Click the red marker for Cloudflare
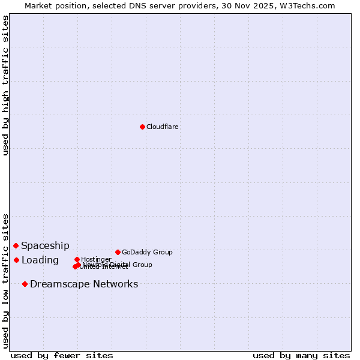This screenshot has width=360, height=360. pyautogui.click(x=142, y=127)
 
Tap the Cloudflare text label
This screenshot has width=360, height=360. pyautogui.click(x=163, y=127)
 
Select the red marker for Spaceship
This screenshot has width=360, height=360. pyautogui.click(x=16, y=245)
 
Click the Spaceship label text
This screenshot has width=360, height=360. pyautogui.click(x=45, y=245)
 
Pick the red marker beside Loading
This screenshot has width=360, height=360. pyautogui.click(x=17, y=260)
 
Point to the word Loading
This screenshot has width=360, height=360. pyautogui.click(x=40, y=260)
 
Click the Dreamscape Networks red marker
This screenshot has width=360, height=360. pyautogui.click(x=25, y=284)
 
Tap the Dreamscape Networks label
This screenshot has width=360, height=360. pyautogui.click(x=84, y=284)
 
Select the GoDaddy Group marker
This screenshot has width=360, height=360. pyautogui.click(x=118, y=252)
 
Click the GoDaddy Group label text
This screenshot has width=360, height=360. pyautogui.click(x=147, y=252)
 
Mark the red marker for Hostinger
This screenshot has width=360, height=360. pyautogui.click(x=77, y=259)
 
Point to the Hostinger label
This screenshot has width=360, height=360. pyautogui.click(x=97, y=259)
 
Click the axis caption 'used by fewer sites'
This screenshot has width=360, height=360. pyautogui.click(x=62, y=355)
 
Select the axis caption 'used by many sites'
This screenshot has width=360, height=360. pyautogui.click(x=301, y=355)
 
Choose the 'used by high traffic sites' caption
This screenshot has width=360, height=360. pyautogui.click(x=6, y=85)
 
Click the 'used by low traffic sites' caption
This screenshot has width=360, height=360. pyautogui.click(x=6, y=280)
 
